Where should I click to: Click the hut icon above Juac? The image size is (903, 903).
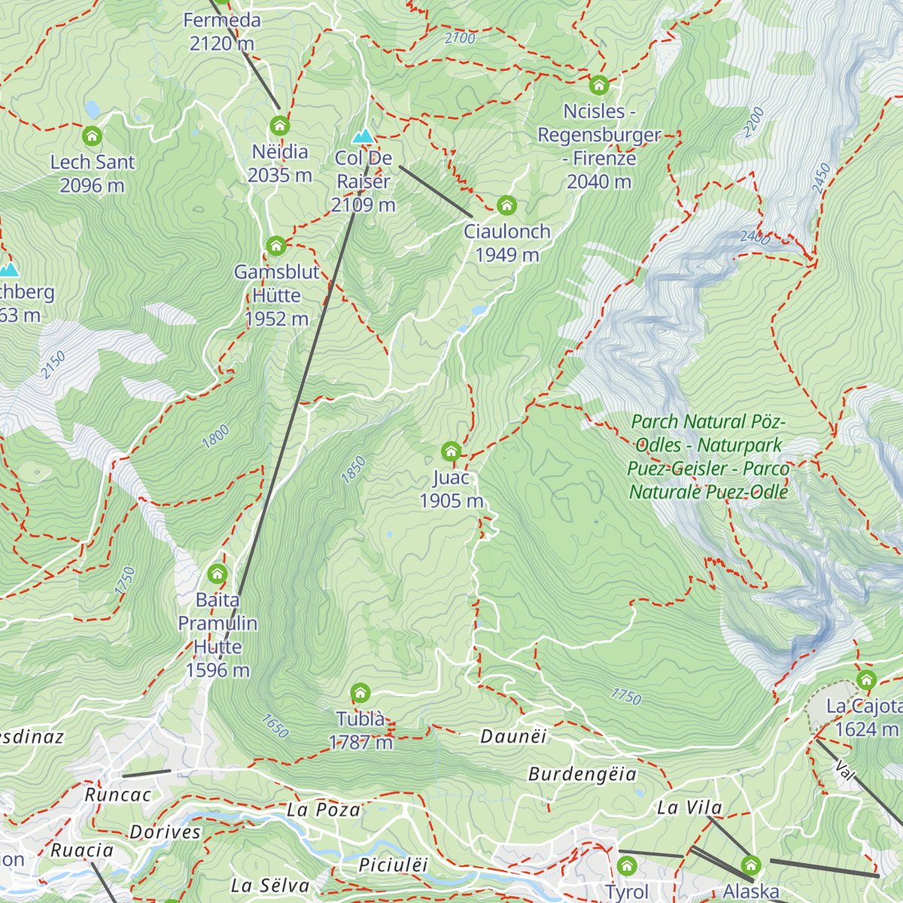pos(451,451)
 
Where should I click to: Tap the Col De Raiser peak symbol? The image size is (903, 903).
pos(363,136)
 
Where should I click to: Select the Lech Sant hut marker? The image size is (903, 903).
pos(92,136)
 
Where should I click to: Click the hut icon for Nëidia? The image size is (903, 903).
pos(280,125)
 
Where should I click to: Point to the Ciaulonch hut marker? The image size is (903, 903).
pos(506,205)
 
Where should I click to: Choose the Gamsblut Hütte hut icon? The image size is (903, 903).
pos(276,245)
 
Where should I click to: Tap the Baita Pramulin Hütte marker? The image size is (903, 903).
pos(217,574)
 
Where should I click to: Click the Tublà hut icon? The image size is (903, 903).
pos(360,692)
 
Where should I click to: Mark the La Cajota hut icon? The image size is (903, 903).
pos(866,680)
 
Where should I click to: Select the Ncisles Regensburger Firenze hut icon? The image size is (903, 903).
pos(599,85)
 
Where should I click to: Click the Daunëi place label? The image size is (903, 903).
pos(513,736)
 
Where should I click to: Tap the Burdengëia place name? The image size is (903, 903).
pos(582,774)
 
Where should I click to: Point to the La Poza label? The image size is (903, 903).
pos(324,810)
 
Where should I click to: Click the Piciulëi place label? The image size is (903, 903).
pos(393,865)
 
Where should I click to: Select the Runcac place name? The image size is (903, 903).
pos(117,795)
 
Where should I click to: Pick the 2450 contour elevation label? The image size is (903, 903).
pos(821,178)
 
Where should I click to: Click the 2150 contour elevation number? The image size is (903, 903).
pos(53,365)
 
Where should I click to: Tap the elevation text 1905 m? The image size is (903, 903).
pos(451,501)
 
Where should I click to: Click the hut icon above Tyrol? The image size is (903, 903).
pos(627,865)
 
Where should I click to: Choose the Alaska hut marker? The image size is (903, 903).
pos(751,865)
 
